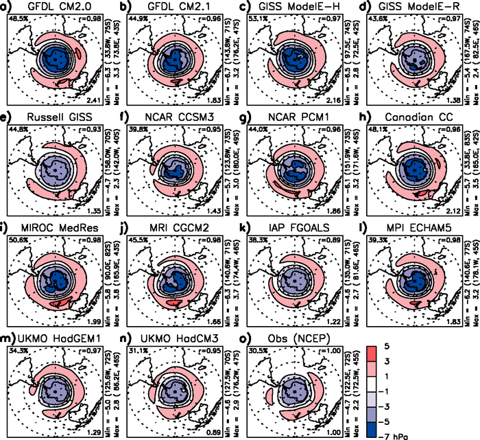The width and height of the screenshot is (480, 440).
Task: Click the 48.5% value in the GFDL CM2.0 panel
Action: coord(19,18)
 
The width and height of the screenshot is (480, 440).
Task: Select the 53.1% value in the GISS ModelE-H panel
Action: coord(256,18)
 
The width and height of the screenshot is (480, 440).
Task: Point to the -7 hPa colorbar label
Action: coord(453,432)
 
